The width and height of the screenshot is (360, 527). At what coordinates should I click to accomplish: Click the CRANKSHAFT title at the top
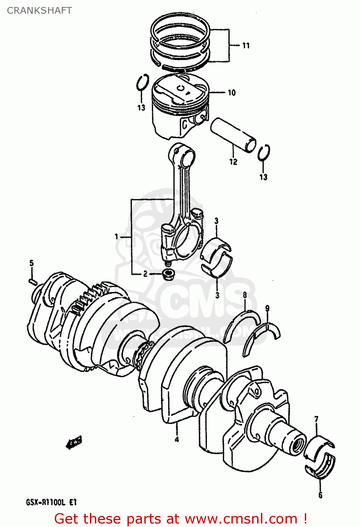39,11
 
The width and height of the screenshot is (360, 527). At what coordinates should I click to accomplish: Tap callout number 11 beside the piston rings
246,46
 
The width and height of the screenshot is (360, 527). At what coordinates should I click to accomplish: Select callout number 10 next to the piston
231,93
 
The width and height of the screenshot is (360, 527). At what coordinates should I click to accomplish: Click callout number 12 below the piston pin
233,162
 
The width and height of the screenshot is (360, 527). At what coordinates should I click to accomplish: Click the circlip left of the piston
142,83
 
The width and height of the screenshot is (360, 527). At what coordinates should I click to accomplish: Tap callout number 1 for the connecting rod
117,237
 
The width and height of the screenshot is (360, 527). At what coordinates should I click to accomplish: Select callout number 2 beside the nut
145,274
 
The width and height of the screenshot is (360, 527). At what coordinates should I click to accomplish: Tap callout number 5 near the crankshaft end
31,263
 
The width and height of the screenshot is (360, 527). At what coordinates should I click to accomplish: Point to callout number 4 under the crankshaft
177,439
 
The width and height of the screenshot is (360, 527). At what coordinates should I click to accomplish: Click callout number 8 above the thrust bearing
245,295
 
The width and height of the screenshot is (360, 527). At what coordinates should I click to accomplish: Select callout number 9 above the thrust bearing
267,308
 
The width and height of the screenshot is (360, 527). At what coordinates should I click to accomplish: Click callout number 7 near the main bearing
316,419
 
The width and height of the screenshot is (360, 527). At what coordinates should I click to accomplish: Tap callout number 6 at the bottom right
320,495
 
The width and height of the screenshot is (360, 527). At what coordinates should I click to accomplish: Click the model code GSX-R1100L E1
51,502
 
